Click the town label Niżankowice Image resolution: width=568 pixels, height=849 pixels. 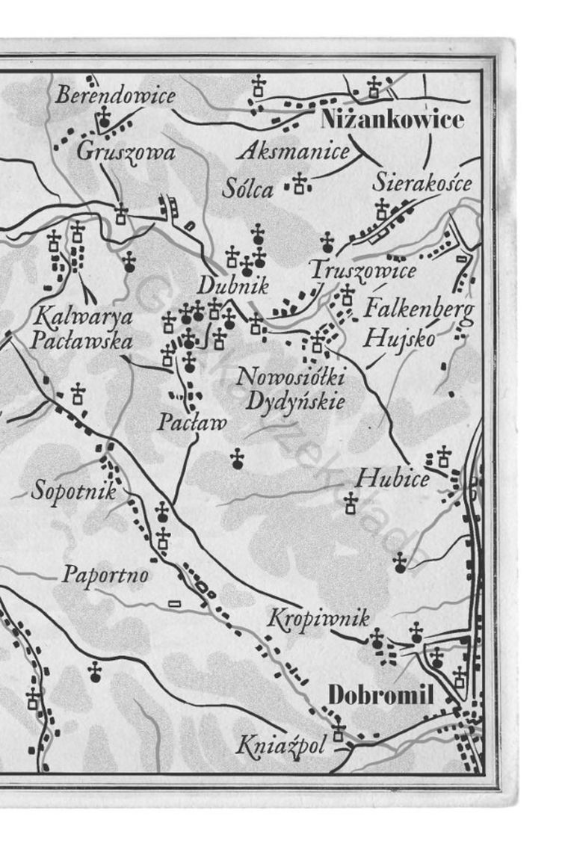click(392, 120)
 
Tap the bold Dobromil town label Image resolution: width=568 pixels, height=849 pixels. click(381, 694)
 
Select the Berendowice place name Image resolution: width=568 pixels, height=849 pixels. click(116, 96)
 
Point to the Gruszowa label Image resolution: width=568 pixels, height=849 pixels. click(126, 152)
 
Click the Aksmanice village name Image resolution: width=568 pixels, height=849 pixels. click(294, 152)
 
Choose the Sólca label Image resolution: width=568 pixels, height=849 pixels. click(248, 189)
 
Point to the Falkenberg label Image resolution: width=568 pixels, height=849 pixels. click(419, 307)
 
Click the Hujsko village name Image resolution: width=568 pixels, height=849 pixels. click(399, 338)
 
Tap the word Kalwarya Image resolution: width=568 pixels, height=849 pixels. click(83, 317)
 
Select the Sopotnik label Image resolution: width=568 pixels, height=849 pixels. click(74, 492)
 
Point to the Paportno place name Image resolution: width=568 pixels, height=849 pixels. click(105, 575)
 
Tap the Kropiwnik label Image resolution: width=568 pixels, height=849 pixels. click(318, 619)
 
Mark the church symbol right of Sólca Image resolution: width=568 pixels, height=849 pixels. click(300, 183)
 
